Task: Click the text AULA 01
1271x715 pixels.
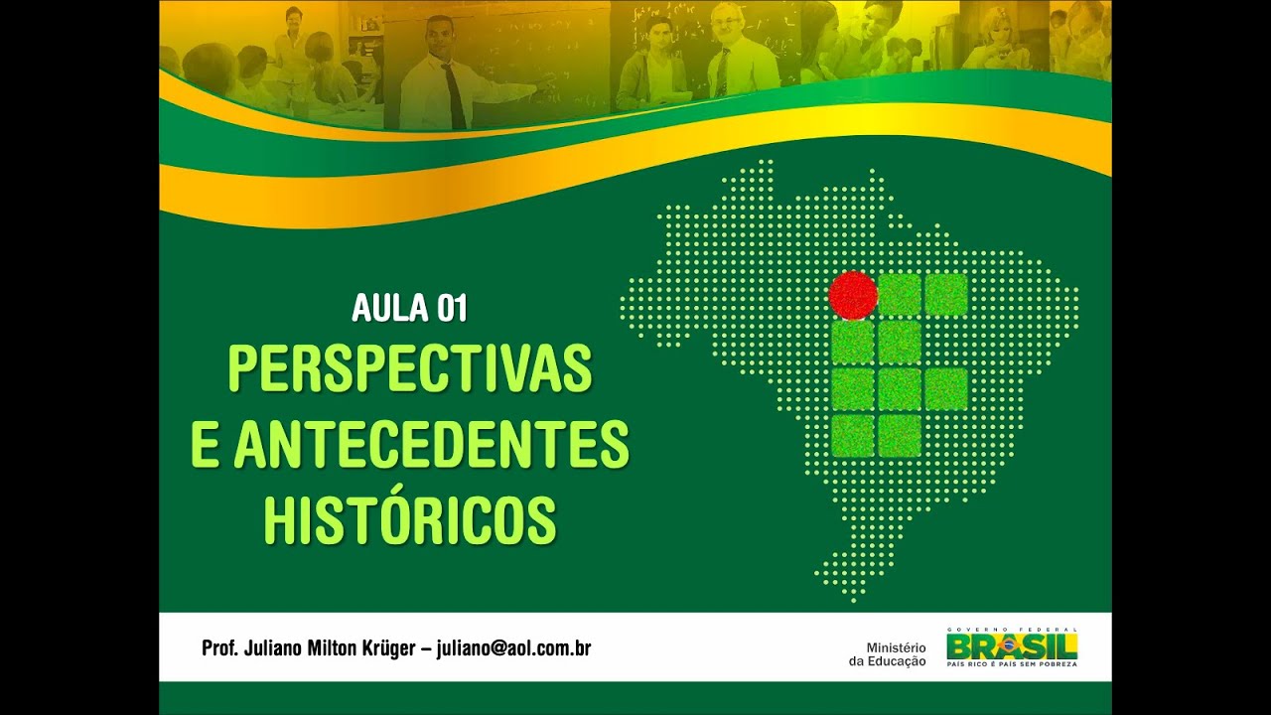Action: [409, 309]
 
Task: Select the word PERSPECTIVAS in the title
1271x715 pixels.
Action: [409, 368]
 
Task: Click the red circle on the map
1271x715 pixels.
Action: [853, 295]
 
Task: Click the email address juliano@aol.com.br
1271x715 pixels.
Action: [514, 649]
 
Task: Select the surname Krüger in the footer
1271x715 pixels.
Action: [389, 649]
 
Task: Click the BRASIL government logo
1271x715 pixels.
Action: [1012, 647]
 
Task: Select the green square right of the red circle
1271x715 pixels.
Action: [900, 295]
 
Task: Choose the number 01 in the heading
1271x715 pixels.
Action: [451, 309]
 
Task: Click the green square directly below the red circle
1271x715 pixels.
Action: [853, 343]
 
